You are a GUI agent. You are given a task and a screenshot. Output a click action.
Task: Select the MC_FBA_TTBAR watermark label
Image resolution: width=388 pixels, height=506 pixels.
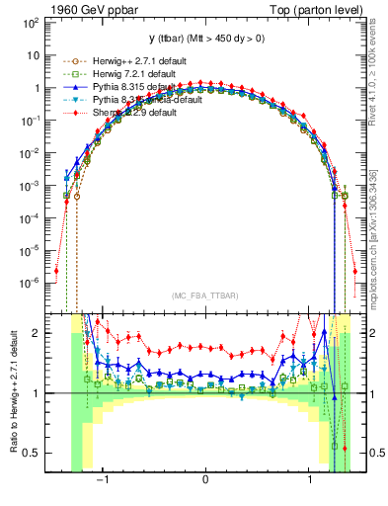(x=205, y=296)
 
